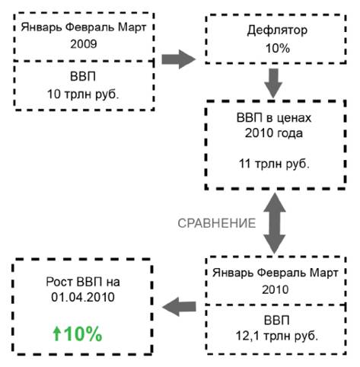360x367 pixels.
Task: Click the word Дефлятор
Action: click(277, 30)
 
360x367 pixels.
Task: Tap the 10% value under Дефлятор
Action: click(278, 48)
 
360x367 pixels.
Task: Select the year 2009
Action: click(84, 44)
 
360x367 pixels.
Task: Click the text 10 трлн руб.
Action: click(83, 94)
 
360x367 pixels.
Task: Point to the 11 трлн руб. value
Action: click(274, 164)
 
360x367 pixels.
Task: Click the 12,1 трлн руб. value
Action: click(277, 336)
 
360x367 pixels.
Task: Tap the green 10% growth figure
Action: click(83, 333)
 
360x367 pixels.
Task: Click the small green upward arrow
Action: click(57, 333)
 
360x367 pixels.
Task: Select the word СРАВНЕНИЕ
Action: click(217, 223)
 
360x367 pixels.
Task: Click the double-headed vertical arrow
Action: click(274, 223)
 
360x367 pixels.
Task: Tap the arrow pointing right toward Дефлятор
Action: click(179, 59)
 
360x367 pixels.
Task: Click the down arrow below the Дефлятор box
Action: click(273, 83)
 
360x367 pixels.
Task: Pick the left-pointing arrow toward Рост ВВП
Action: click(179, 307)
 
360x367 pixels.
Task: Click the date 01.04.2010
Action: click(83, 297)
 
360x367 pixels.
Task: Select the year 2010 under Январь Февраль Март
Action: click(276, 289)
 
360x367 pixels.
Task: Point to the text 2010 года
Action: click(274, 133)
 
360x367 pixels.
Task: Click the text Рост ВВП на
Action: click(83, 282)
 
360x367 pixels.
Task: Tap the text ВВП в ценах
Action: click(274, 118)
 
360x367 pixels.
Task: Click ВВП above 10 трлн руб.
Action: click(83, 76)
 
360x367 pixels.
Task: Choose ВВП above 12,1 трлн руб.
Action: click(277, 321)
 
